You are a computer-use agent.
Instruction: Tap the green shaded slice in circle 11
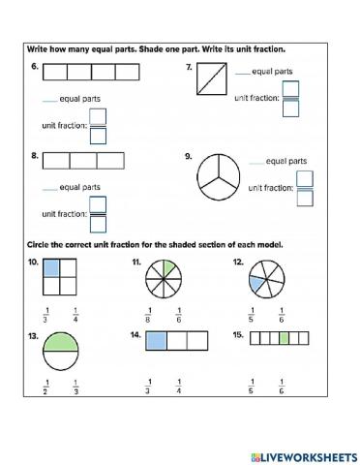(x=167, y=266)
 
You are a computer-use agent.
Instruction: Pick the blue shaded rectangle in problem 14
(x=156, y=339)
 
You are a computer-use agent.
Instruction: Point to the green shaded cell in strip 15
(x=284, y=338)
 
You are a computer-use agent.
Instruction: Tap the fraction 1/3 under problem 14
(x=148, y=386)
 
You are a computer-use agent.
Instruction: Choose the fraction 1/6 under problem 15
(x=281, y=386)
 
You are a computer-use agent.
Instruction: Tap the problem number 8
(x=33, y=155)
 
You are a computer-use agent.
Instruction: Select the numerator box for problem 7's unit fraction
(x=290, y=89)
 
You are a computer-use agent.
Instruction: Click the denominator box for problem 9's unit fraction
(x=305, y=198)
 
